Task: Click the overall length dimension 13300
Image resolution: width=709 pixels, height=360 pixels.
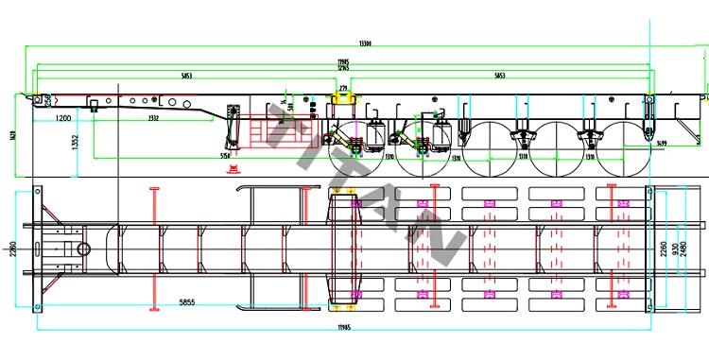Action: [x=365, y=43]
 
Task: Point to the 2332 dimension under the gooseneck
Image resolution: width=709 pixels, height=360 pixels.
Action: [x=152, y=117]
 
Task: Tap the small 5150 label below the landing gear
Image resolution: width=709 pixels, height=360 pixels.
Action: [x=225, y=155]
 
